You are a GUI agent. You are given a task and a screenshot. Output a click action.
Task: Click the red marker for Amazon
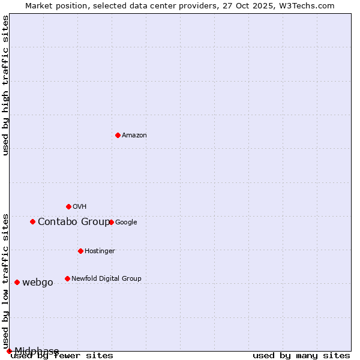pos(118,135)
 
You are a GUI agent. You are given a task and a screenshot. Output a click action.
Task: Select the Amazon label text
pos(134,136)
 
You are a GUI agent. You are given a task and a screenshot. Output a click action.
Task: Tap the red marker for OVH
pos(68,206)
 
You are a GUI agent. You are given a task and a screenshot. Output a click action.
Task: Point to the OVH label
pos(80,207)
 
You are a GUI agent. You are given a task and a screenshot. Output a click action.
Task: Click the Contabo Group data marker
pos(32,221)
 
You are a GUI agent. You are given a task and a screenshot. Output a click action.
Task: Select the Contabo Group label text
pos(73,222)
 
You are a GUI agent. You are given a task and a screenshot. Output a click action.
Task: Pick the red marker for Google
pos(111,222)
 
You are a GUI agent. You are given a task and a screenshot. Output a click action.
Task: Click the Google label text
pos(126,223)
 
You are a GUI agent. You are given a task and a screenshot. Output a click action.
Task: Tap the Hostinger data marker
pos(80,251)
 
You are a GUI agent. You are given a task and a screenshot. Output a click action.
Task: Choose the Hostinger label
pos(100,251)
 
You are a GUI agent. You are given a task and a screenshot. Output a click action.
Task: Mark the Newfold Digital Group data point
pos(67,278)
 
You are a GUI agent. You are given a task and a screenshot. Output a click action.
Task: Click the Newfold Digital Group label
pos(106,279)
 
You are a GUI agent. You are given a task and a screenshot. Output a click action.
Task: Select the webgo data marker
pos(17,282)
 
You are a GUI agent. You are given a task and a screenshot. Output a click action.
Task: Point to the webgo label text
pos(38,283)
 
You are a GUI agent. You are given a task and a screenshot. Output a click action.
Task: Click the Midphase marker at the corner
pos(9,351)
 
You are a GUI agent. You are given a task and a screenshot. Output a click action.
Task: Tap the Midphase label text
pos(37,351)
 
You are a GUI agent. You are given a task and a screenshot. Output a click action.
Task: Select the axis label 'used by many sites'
pos(301,356)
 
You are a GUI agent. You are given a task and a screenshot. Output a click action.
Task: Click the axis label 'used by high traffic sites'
pos(5,85)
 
